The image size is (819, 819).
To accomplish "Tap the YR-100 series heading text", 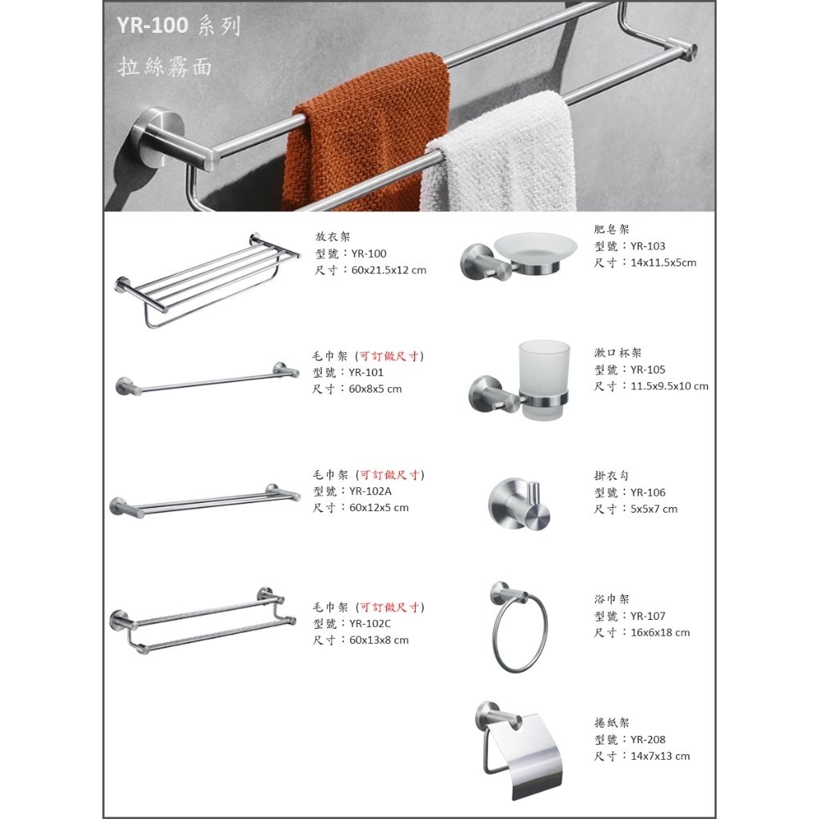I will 178,26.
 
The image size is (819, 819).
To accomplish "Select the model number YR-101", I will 367,373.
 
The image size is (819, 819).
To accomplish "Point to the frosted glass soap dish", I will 535,247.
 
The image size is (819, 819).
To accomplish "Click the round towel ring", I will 519,636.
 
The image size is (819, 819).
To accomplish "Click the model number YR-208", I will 647,740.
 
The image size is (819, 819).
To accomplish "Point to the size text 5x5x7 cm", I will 653,509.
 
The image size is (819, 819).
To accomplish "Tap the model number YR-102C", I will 370,624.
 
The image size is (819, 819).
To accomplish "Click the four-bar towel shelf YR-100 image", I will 206,279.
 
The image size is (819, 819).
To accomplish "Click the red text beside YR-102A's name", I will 390,475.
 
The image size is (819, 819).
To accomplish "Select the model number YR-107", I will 647,616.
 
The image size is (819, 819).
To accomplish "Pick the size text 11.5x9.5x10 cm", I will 669,386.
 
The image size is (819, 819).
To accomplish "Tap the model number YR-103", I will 647,246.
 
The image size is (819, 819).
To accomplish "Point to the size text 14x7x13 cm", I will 660,756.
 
